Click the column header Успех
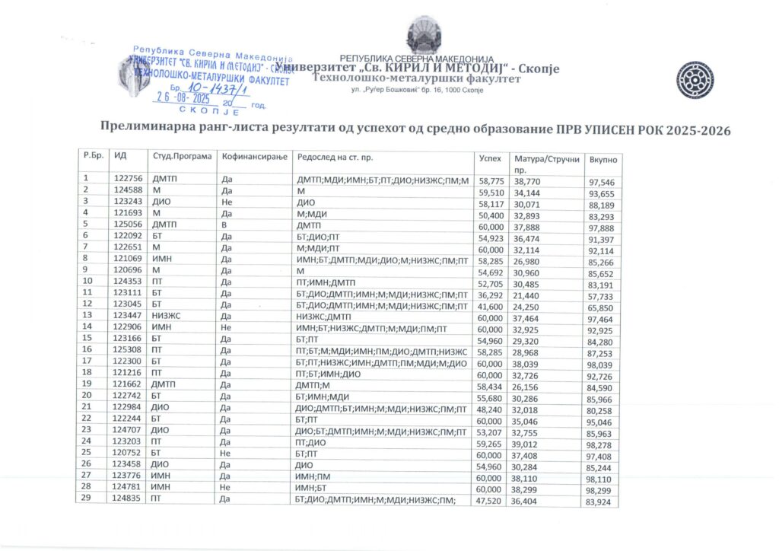490,158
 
